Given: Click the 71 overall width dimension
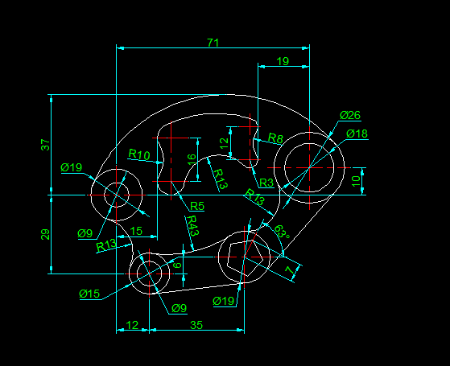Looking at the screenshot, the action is click(213, 43).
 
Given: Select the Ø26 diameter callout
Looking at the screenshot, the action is click(350, 115).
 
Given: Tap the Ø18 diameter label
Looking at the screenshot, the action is click(357, 134).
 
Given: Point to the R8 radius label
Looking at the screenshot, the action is click(275, 138).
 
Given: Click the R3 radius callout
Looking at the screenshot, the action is click(266, 183).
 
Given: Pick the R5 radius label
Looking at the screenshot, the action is click(197, 206).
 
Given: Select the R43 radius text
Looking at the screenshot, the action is click(192, 226).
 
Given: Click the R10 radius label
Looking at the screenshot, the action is click(139, 154).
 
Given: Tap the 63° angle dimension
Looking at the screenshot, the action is click(282, 232).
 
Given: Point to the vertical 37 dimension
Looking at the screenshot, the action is click(45, 145).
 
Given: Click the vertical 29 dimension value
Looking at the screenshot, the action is click(45, 234).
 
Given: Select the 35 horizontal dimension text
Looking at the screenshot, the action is click(196, 325).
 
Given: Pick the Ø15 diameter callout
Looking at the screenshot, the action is click(89, 294).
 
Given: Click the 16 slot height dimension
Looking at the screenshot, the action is click(192, 159).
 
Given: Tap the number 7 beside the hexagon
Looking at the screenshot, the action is click(290, 269).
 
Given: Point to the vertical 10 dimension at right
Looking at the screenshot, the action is click(356, 181).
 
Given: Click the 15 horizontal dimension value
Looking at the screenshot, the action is click(136, 231).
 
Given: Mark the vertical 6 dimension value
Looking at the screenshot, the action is click(178, 265).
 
